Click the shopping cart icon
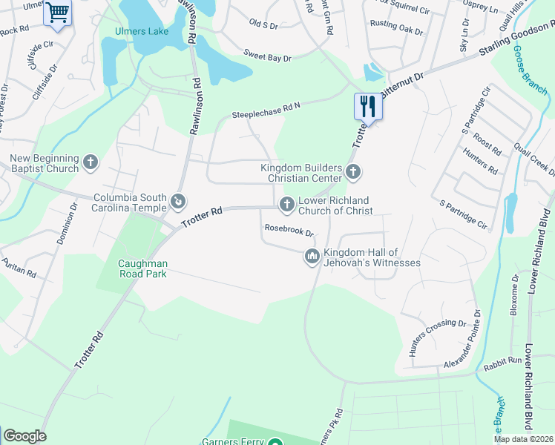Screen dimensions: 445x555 click(57, 12)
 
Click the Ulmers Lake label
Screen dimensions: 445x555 click(141, 31)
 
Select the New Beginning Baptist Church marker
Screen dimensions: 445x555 click(91, 162)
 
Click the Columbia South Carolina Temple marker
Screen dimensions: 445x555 click(178, 202)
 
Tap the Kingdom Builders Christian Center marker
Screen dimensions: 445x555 click(352, 173)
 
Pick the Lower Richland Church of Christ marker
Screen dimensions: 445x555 click(286, 204)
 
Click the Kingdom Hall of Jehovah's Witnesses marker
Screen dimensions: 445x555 click(312, 257)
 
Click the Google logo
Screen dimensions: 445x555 click(24, 436)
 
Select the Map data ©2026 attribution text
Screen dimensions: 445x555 click(523, 439)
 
